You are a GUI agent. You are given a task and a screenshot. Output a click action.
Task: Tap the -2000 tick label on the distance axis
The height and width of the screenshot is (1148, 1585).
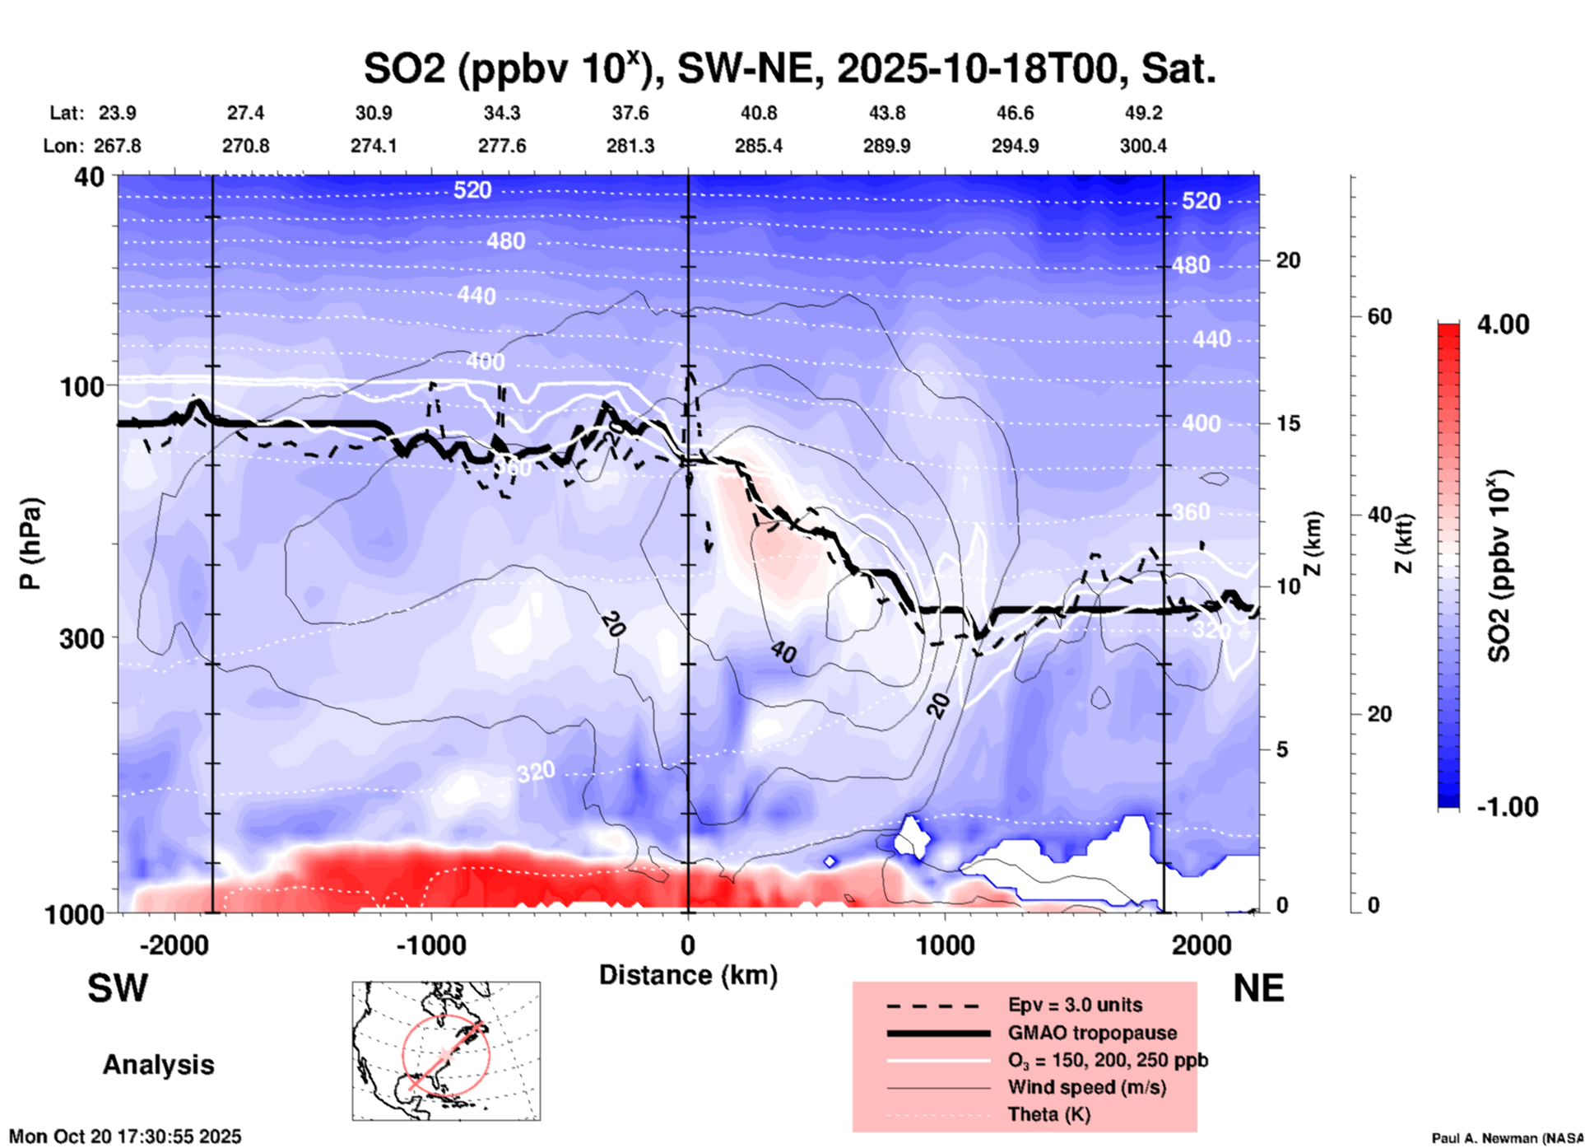pos(174,945)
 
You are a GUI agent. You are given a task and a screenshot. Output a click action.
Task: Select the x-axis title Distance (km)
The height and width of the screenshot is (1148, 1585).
pos(688,975)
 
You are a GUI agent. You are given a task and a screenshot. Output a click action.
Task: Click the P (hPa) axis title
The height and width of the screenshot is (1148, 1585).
pos(30,544)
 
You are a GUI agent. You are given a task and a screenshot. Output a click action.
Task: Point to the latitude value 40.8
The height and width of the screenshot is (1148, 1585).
pos(758,113)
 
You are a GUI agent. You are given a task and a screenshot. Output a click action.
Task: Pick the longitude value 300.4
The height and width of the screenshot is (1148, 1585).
pos(1142,146)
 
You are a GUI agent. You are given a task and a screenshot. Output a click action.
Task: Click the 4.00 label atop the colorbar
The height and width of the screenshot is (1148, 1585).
pos(1503,324)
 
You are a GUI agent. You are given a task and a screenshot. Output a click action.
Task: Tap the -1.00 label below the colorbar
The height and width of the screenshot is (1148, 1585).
pos(1507,807)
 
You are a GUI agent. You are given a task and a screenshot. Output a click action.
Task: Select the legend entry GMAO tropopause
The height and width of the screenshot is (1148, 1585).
pos(1092,1033)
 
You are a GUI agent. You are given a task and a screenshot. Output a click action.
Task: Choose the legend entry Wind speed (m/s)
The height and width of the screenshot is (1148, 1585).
pos(1086,1088)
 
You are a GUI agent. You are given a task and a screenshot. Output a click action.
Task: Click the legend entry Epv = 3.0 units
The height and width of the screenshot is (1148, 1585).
pos(1075,1006)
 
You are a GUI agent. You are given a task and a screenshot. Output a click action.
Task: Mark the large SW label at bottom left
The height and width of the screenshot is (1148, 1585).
pos(118,988)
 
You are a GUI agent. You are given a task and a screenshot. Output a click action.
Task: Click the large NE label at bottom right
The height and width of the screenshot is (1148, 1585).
pos(1258,988)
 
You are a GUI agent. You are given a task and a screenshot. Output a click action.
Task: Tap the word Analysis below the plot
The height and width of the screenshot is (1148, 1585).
pos(158,1065)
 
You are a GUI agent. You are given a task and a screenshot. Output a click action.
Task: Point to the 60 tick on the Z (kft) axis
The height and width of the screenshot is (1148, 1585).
pos(1379,317)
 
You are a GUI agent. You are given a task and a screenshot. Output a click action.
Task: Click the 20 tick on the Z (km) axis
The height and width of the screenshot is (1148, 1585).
pos(1288,261)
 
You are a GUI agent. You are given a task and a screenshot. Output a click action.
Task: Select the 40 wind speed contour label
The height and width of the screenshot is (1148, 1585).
pos(783,652)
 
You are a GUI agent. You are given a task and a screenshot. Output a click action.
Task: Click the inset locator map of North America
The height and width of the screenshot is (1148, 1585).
pos(446,1051)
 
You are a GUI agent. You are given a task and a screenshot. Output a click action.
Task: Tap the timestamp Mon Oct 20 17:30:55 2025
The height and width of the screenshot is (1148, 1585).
pos(125,1136)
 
